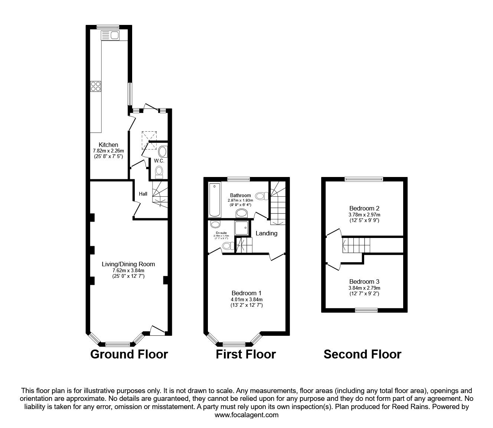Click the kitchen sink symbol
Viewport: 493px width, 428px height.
(110, 35)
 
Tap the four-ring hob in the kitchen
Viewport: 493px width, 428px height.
(95, 86)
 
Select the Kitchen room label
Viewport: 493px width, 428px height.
(108, 145)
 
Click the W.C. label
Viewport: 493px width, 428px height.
(159, 161)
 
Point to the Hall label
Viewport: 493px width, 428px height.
(143, 194)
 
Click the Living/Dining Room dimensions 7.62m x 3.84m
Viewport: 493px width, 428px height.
(128, 270)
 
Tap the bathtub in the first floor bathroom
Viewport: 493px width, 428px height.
(215, 200)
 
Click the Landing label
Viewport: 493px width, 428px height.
(267, 233)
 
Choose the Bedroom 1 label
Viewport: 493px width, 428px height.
(246, 293)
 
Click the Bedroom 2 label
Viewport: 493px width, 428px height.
(364, 208)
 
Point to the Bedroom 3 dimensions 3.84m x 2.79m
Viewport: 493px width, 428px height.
(364, 288)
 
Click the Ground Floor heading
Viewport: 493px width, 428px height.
(129, 354)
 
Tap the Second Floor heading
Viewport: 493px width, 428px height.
(362, 354)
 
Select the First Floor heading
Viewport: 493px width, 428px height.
(246, 354)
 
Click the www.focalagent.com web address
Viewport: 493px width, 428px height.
(246, 415)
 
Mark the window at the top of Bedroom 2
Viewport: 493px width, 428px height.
(363, 179)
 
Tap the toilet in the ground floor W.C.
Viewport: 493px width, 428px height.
(159, 171)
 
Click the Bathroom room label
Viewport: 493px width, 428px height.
(240, 195)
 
